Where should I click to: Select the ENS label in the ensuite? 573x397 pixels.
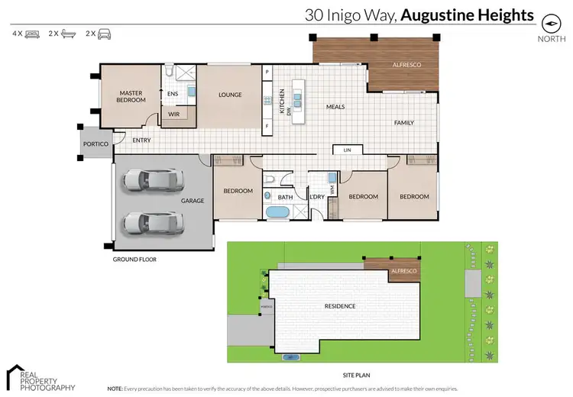point(173,95)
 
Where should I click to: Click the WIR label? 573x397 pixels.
point(173,115)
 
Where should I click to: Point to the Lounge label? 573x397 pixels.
point(230,95)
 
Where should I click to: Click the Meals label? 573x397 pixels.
point(335,107)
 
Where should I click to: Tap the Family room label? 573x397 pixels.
point(403,123)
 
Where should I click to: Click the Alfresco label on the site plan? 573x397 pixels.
point(403,271)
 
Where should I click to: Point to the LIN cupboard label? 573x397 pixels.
point(347,150)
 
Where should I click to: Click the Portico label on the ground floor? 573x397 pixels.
point(95,144)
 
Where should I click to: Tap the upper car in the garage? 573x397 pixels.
point(153,180)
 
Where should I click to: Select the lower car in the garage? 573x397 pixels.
point(153,222)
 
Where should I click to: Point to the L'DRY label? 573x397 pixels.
point(316,197)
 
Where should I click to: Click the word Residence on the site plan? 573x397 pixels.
point(340,306)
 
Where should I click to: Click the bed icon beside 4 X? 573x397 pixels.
point(33,34)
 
